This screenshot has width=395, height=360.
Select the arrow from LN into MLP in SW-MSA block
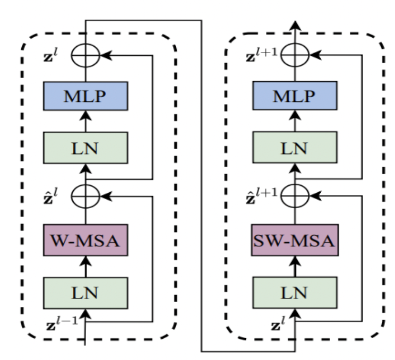click(294, 122)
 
